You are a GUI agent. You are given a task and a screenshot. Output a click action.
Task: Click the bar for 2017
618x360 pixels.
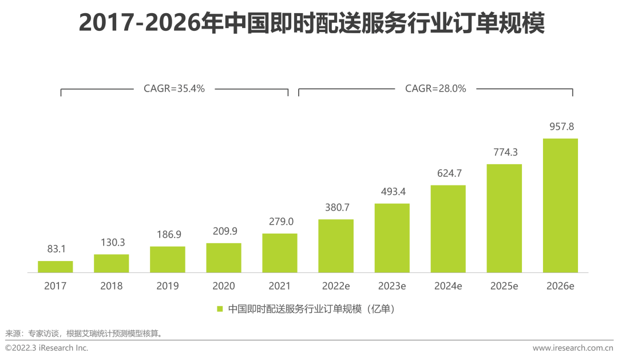click(56, 267)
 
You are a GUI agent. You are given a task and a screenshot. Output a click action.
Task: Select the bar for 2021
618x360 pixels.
click(280, 253)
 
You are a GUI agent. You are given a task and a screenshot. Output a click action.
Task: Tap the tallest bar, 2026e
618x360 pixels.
click(560, 205)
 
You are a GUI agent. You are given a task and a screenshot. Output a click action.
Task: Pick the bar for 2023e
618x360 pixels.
click(392, 238)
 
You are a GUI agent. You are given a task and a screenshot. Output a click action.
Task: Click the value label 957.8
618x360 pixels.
click(560, 126)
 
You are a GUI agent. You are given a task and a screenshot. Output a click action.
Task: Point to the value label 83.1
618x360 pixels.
click(56, 250)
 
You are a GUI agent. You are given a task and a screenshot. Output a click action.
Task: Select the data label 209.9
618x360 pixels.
click(224, 231)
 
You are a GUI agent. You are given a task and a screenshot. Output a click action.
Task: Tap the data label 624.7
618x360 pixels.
click(448, 173)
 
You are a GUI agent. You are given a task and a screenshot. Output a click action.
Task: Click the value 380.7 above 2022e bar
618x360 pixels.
click(336, 208)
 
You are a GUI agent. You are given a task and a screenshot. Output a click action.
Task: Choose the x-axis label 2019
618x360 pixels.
click(168, 286)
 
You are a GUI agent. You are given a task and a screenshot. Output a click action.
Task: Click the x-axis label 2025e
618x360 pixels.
click(504, 286)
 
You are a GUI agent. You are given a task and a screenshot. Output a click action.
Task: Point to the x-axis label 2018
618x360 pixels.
click(112, 286)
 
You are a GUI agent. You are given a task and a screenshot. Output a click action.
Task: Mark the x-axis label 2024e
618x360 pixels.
click(448, 286)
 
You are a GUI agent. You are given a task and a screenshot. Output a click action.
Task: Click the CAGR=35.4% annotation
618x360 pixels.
click(174, 89)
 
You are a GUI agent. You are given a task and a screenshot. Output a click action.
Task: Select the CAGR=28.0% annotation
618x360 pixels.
click(435, 89)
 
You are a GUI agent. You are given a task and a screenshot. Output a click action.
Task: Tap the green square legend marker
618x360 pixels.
click(219, 309)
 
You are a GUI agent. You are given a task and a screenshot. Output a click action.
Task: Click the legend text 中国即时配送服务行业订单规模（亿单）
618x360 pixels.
click(312, 309)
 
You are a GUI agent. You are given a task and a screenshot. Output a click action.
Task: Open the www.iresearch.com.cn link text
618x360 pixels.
click(572, 348)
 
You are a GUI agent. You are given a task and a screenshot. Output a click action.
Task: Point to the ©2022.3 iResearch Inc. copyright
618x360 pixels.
click(47, 348)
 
